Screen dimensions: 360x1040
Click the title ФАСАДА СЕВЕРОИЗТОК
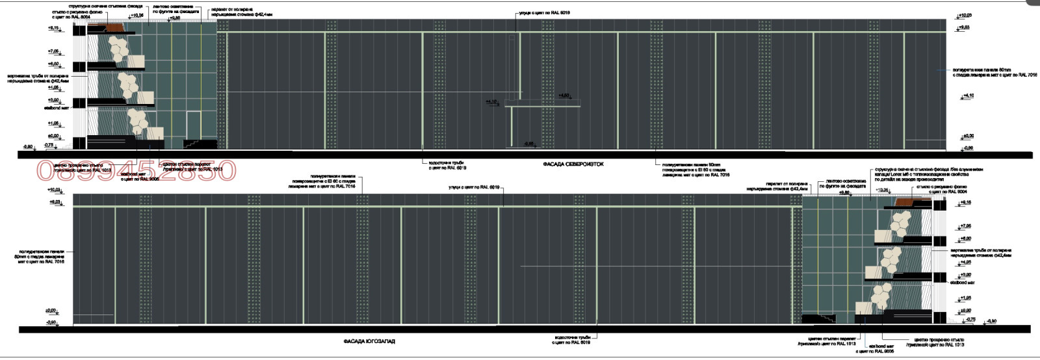pos(573,164)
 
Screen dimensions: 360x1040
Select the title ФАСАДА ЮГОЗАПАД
pos(369,341)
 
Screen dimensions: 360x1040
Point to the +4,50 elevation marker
pos(564,96)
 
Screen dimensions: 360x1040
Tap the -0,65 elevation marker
pos(529,144)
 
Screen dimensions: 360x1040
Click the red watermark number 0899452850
pos(136,171)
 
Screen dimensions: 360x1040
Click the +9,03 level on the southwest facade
pos(55,202)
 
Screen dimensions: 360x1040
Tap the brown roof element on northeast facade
pos(116,27)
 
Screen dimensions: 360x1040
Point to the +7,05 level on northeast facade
pos(53,51)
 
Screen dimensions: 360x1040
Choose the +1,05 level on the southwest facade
pos(965,298)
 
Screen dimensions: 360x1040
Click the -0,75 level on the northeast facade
pos(49,146)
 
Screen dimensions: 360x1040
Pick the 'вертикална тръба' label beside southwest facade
pos(980,253)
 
